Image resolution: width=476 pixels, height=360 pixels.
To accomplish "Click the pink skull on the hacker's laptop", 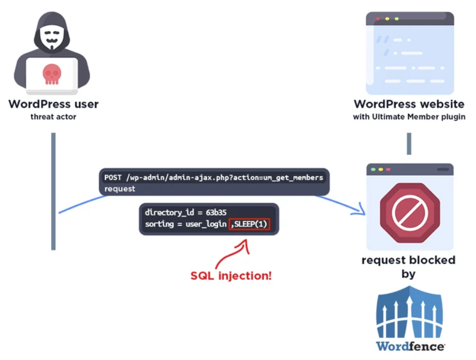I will pos(52,74).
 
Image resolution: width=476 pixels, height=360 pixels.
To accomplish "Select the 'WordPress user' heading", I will pos(53,104).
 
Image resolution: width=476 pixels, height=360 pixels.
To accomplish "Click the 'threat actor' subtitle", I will pos(53,116).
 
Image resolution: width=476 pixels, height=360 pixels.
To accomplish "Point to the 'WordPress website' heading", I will pos(409,104).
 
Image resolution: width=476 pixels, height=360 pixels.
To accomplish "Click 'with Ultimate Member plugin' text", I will pos(409,117).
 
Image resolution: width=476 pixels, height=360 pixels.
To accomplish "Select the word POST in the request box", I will pos(114,178).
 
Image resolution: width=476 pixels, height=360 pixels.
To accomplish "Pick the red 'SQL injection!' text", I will pos(231,276).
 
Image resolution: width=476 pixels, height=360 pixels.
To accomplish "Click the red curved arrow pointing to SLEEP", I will pos(232,252).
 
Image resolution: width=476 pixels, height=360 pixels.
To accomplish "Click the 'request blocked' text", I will pos(408,260).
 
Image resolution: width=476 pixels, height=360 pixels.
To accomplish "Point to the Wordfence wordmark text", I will pos(410,345).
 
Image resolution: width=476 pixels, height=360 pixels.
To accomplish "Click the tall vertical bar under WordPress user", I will pos(53,191).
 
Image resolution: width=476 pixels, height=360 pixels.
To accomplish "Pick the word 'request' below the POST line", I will pos(120,189).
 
